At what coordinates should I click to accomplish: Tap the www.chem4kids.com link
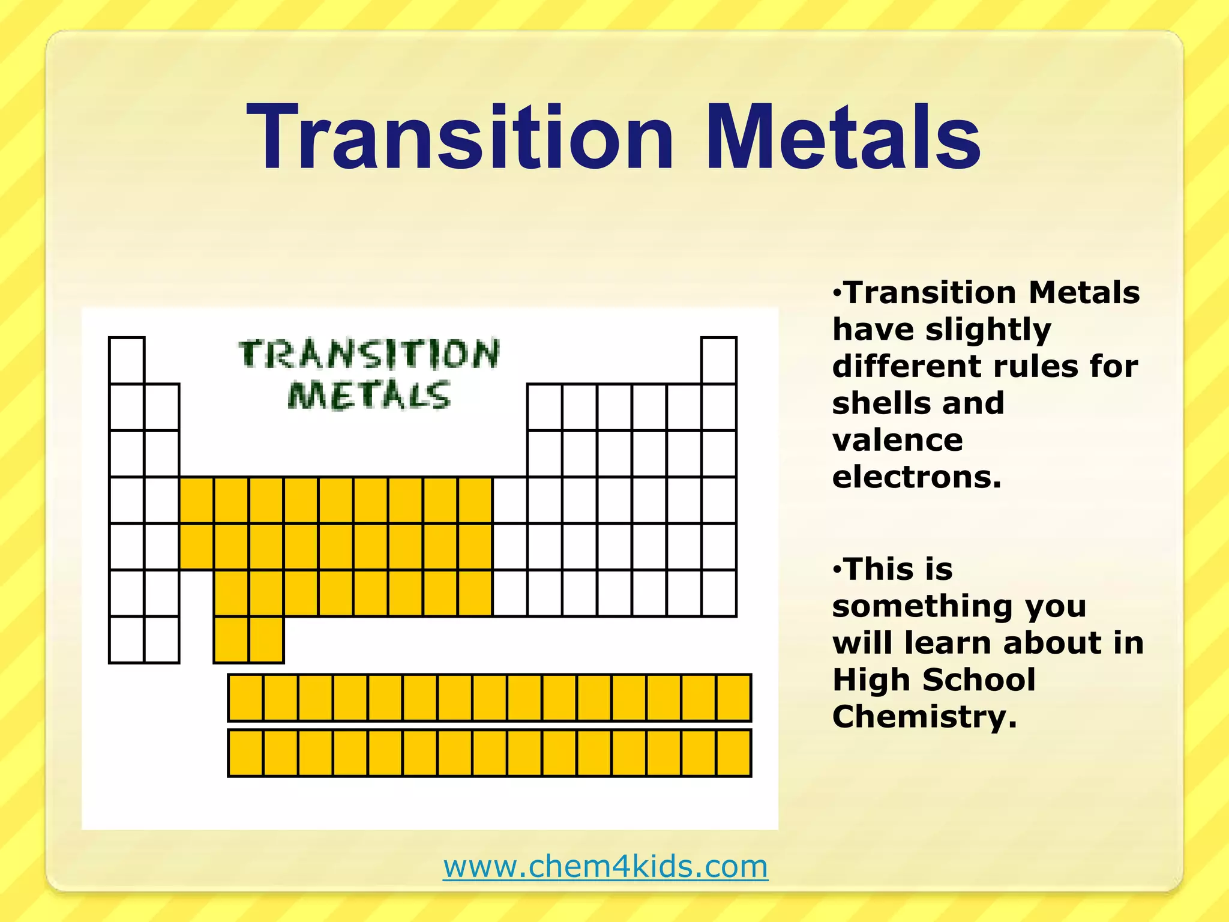(x=605, y=866)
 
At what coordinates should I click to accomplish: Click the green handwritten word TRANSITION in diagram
(x=368, y=354)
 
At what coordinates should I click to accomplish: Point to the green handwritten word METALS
(x=368, y=396)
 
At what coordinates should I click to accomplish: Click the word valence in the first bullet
(x=897, y=440)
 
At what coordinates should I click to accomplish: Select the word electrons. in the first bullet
(x=917, y=477)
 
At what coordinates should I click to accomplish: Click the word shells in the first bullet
(x=876, y=403)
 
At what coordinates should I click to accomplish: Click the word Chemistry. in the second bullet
(x=925, y=716)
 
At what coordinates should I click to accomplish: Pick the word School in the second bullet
(x=979, y=679)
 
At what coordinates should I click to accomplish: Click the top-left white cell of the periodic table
(x=127, y=361)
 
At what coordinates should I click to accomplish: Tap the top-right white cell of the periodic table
(x=719, y=361)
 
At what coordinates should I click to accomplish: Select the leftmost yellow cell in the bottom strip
(x=245, y=753)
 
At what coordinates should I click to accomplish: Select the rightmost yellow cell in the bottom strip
(x=733, y=753)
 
